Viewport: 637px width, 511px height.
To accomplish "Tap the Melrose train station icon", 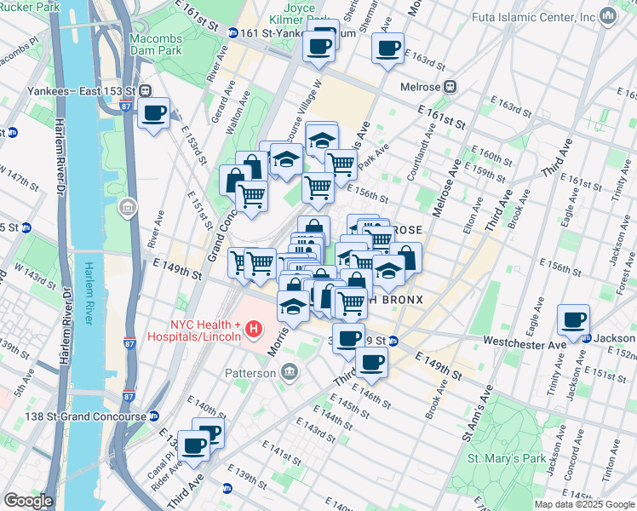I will click(450, 86).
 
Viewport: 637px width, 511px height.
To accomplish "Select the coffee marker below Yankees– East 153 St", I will click(154, 113).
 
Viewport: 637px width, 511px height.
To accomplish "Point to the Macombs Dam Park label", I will click(156, 44).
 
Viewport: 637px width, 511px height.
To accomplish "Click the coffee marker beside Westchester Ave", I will click(573, 322).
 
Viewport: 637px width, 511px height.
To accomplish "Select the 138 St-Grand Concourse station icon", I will click(153, 416).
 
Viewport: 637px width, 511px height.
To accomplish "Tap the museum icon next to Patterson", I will click(289, 372).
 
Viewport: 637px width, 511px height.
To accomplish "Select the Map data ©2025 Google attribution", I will click(583, 504).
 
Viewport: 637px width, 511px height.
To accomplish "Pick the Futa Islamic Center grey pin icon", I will click(607, 16).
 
